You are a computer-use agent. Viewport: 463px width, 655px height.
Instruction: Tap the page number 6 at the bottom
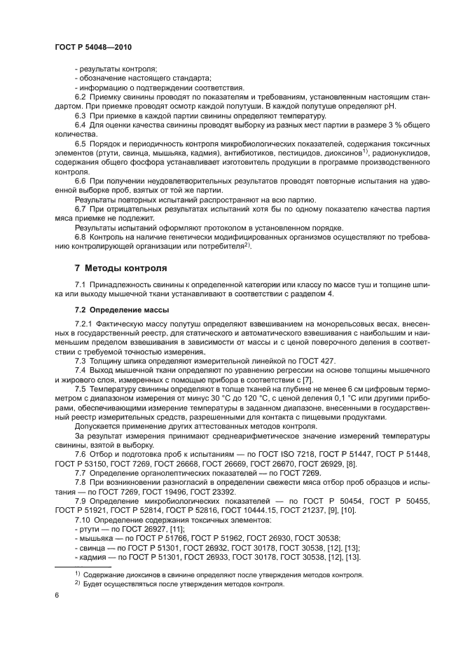(x=57, y=595)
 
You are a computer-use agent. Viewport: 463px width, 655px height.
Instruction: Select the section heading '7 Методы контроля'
(x=120, y=268)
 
